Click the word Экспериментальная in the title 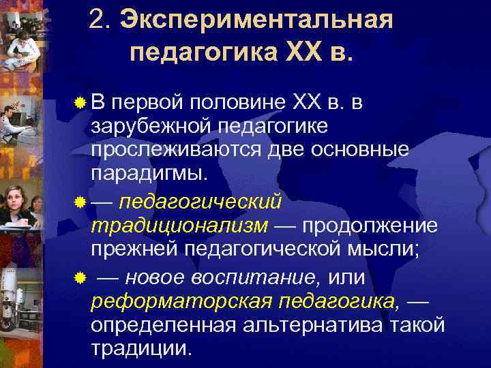pos(257,20)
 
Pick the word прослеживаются pos(173,150)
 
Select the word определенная pos(161,324)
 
